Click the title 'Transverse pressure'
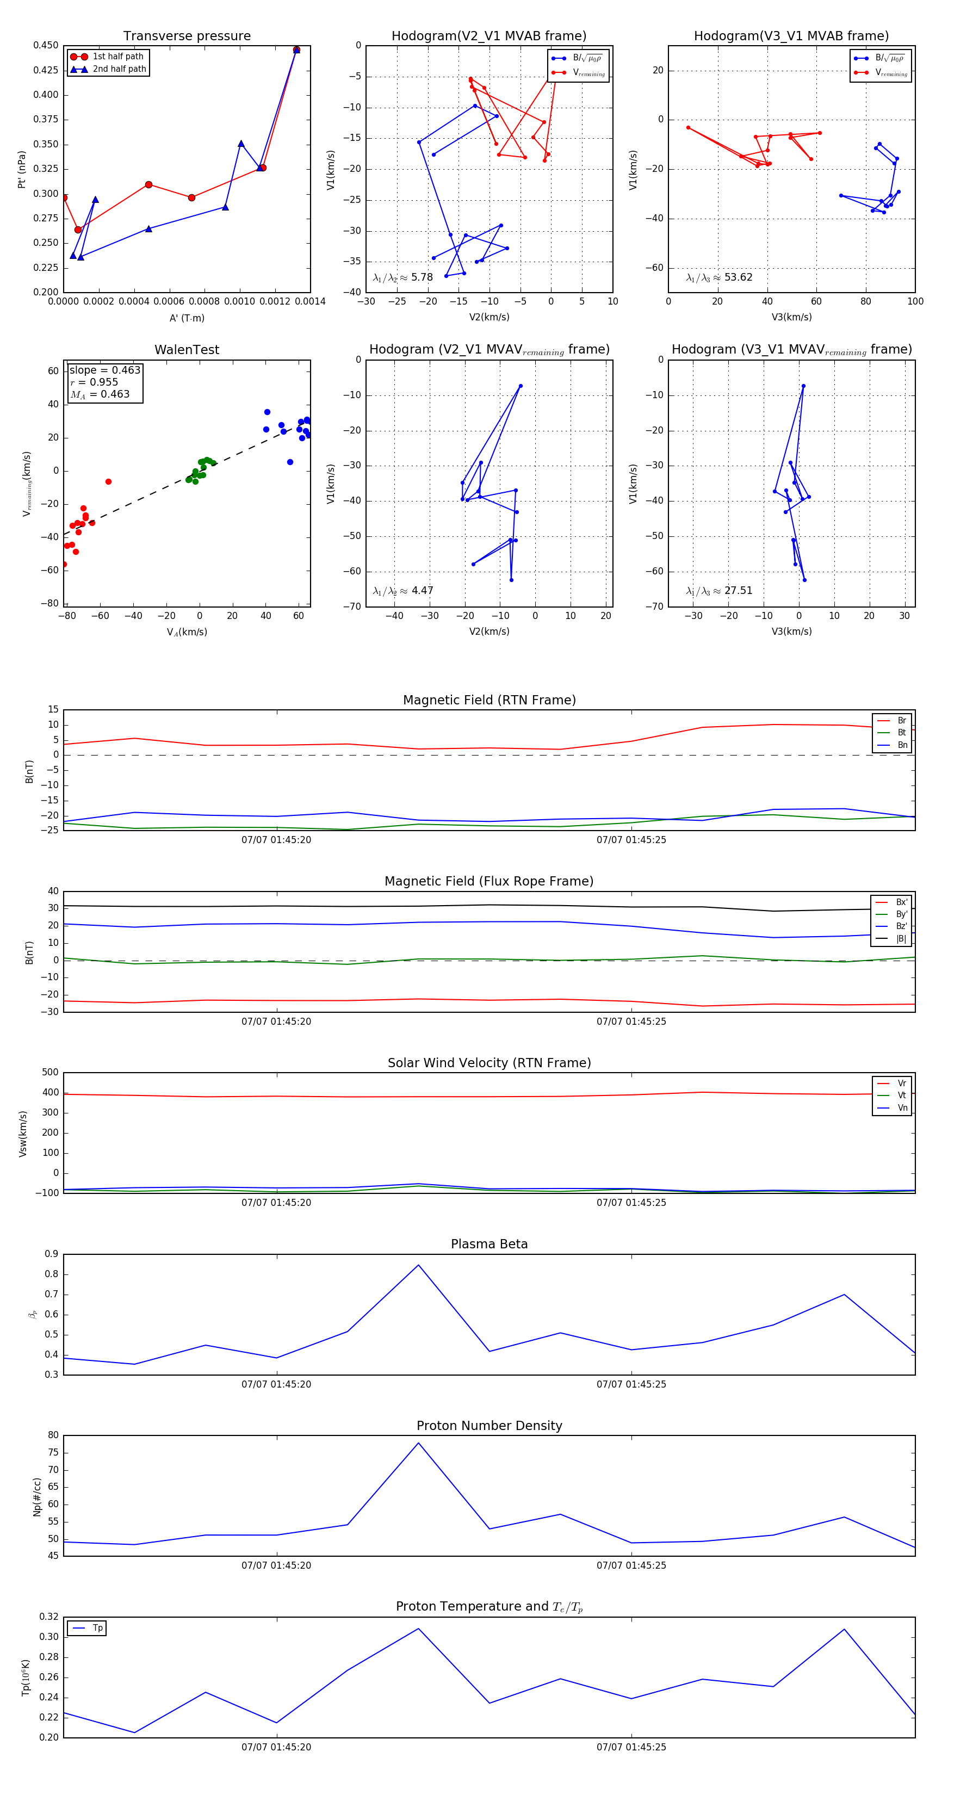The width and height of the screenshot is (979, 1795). pyautogui.click(x=187, y=35)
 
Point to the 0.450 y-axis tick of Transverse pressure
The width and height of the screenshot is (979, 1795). pyautogui.click(x=46, y=45)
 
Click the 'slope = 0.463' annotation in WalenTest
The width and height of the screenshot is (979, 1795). pyautogui.click(x=104, y=370)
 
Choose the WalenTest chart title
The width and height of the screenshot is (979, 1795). pyautogui.click(x=187, y=350)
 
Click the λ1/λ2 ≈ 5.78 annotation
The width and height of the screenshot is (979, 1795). pyautogui.click(x=402, y=277)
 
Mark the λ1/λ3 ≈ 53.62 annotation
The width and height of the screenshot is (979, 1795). pyautogui.click(x=719, y=277)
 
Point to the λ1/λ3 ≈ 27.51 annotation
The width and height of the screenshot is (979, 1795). pyautogui.click(x=719, y=591)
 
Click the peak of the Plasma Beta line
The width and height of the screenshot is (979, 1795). pyautogui.click(x=418, y=1265)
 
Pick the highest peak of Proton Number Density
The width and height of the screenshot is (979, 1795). pyautogui.click(x=418, y=1443)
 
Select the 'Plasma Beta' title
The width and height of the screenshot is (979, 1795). pyautogui.click(x=489, y=1244)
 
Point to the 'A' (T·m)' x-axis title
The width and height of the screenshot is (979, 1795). pyautogui.click(x=187, y=318)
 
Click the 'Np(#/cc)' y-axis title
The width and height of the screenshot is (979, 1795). pyautogui.click(x=37, y=1497)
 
